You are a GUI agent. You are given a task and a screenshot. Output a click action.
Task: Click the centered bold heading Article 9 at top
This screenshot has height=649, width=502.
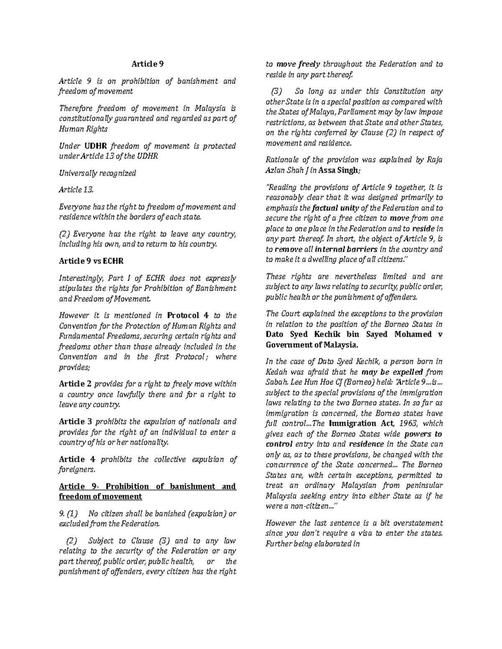pyautogui.click(x=148, y=64)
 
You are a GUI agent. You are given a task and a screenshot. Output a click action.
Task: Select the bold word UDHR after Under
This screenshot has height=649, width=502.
pyautogui.click(x=96, y=146)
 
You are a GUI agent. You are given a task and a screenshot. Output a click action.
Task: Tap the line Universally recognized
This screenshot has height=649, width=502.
pyautogui.click(x=97, y=173)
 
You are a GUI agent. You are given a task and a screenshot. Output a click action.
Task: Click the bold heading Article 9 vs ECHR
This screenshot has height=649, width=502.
pyautogui.click(x=91, y=261)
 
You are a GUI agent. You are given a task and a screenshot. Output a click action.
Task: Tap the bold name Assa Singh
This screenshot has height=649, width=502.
pyautogui.click(x=338, y=170)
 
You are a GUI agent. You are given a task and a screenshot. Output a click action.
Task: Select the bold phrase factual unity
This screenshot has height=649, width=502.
pyautogui.click(x=333, y=208)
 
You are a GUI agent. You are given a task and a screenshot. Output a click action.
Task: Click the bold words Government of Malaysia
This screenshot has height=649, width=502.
pyautogui.click(x=312, y=345)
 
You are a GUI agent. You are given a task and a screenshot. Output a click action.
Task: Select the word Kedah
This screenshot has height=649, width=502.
pyautogui.click(x=276, y=372)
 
